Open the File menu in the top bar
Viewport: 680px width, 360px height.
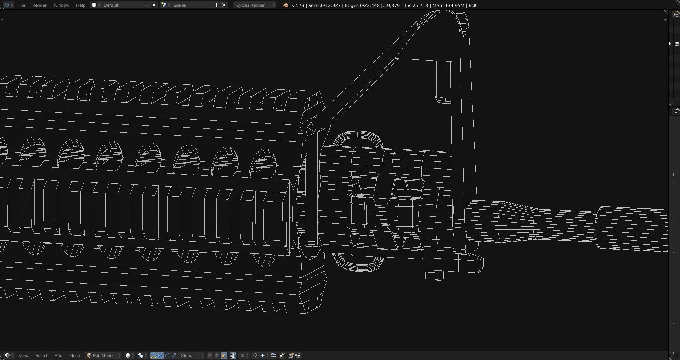point(22,5)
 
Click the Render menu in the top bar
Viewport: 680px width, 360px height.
point(39,5)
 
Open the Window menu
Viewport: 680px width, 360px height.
point(61,5)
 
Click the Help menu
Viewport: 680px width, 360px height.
point(81,5)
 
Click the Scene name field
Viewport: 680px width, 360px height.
point(191,5)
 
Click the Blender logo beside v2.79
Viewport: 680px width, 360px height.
point(285,5)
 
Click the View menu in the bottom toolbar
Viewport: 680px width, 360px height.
point(23,355)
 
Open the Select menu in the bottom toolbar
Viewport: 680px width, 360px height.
point(41,355)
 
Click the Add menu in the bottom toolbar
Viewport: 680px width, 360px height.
point(58,355)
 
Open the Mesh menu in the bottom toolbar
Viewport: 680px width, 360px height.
point(74,355)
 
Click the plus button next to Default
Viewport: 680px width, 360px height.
point(147,5)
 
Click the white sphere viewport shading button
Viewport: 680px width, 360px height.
point(128,355)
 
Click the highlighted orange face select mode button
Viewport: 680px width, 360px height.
point(224,355)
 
